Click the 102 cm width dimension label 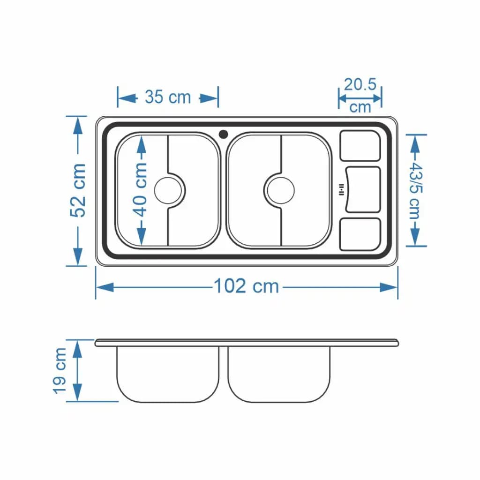coord(247,286)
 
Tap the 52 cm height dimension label coord(78,190)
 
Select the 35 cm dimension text coord(168,97)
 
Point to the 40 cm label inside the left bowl coord(141,190)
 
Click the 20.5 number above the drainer coord(360,84)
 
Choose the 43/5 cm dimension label coord(416,190)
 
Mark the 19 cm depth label coord(60,371)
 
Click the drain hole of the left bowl coord(168,190)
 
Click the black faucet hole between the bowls coord(224,134)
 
